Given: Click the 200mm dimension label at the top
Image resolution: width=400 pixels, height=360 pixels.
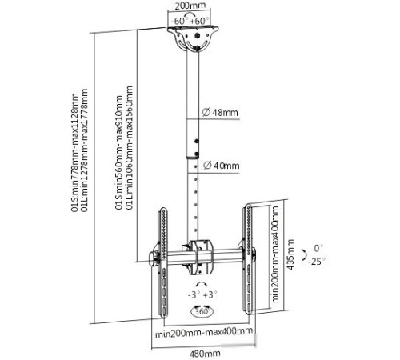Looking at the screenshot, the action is [190, 6].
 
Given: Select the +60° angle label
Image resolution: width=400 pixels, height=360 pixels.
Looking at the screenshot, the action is [200, 21].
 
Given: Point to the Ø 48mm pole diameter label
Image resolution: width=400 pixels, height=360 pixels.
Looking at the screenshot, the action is [220, 112].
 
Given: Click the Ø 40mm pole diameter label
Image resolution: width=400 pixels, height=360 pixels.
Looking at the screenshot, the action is [222, 166].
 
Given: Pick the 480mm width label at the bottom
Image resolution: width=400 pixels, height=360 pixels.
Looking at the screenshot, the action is [205, 354].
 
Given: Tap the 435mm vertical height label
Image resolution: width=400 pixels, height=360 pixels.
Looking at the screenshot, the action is [290, 254].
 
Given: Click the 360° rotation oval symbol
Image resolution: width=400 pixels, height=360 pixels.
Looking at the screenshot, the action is [202, 311].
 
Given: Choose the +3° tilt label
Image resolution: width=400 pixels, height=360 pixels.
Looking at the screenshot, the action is [210, 294].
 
